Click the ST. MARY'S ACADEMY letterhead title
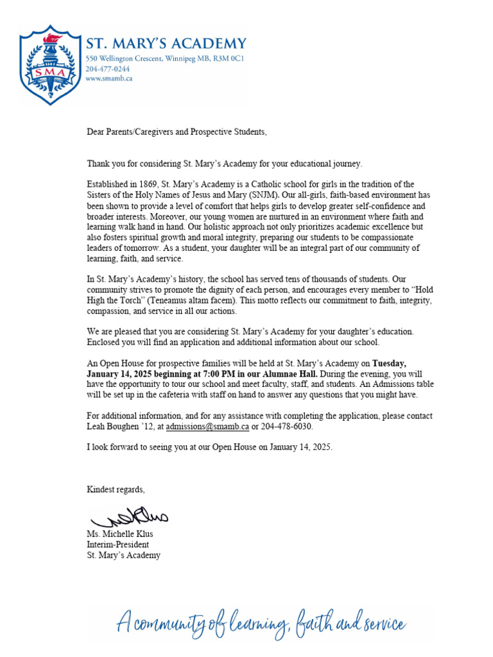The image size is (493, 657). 166,44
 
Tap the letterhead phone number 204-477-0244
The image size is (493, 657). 108,69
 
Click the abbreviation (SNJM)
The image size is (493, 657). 262,195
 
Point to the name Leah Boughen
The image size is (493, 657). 115,426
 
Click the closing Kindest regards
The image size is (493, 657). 116,490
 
